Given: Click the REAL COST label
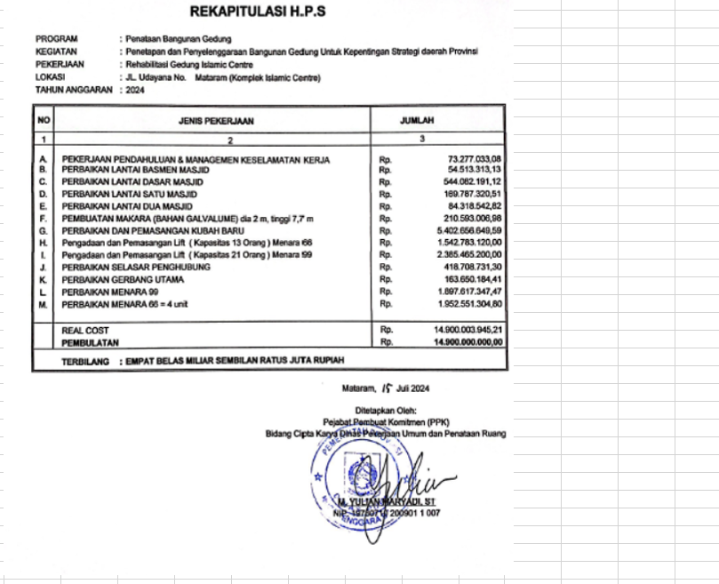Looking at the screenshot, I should [85, 330].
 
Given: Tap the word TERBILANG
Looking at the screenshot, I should [84, 362].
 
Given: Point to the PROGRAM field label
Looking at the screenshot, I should [57, 39].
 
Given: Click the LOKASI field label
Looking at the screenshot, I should [52, 78].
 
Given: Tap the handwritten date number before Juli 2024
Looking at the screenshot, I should [386, 388].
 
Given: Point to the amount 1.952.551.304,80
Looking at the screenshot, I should [470, 304].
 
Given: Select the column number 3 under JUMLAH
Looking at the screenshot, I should [422, 139].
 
